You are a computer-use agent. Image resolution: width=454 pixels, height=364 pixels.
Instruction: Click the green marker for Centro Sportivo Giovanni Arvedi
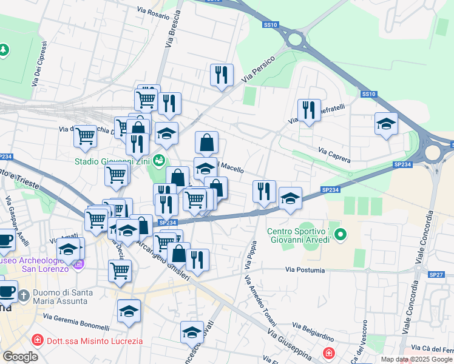[x=340, y=234]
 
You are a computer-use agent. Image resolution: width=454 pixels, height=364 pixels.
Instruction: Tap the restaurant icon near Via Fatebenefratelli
[x=309, y=110]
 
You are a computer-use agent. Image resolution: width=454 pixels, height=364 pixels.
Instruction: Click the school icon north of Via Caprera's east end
[x=386, y=124]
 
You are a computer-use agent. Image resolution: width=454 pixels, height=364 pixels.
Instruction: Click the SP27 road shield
[x=436, y=275]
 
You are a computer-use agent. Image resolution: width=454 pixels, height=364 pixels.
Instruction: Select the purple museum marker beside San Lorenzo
[x=78, y=264]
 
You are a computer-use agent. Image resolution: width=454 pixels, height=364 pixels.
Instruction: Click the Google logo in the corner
[x=20, y=356]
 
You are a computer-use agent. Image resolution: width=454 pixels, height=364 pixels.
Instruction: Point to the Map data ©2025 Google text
[x=417, y=359]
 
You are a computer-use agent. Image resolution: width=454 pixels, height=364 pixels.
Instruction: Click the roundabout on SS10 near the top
[x=296, y=40]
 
